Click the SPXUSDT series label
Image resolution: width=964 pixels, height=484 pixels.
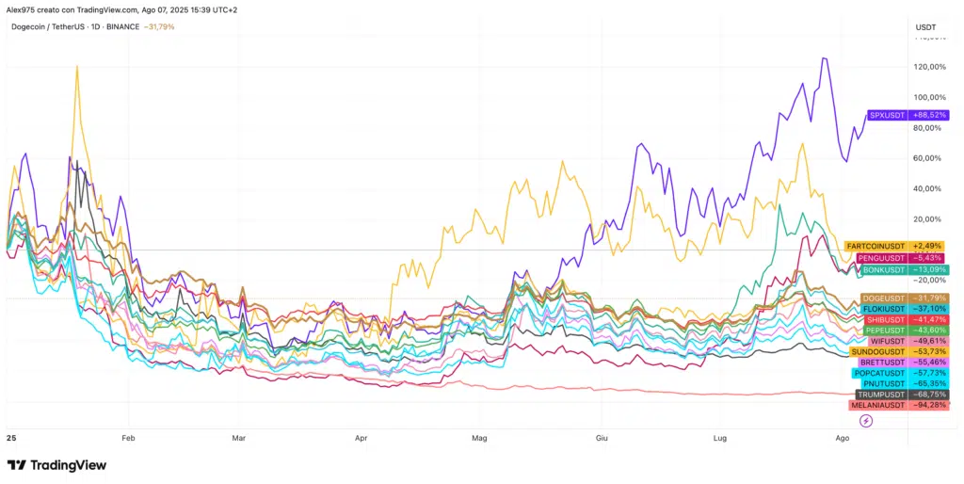tap(887, 115)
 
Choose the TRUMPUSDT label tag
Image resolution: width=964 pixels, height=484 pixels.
tap(883, 394)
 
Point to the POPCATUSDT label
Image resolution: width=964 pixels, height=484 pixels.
tap(881, 373)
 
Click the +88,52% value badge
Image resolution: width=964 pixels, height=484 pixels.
tap(929, 115)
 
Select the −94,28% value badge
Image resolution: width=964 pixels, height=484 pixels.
tap(929, 405)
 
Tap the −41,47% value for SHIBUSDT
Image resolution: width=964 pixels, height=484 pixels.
tap(929, 319)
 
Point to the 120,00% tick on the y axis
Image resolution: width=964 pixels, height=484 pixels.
tap(930, 67)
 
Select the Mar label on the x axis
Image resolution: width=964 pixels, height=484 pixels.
tap(238, 438)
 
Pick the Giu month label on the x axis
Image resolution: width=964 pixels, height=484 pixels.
tap(601, 438)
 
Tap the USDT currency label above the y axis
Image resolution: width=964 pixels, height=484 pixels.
tap(925, 27)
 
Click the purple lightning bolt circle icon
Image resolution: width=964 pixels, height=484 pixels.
tap(866, 421)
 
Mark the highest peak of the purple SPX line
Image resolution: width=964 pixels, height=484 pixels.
tap(825, 58)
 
